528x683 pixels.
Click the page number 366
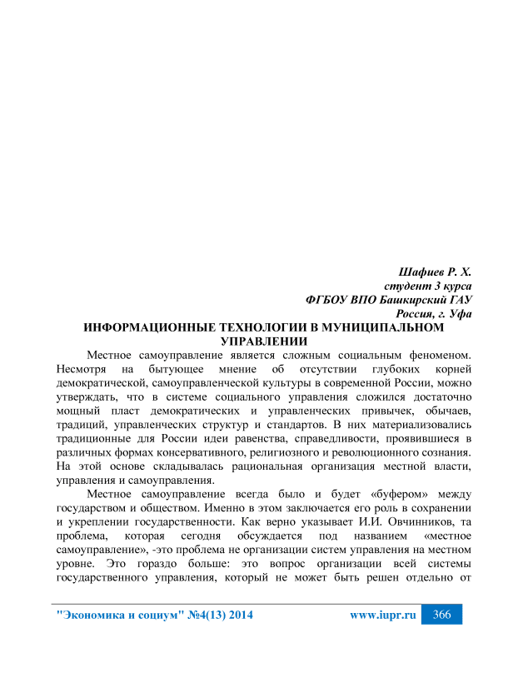(441, 615)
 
